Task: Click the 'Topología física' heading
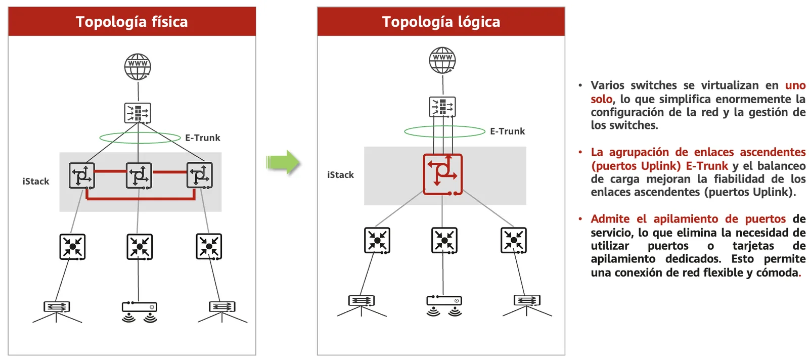coord(131,22)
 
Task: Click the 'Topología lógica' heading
coord(441,22)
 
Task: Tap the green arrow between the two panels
coord(283,162)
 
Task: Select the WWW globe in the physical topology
coord(138,67)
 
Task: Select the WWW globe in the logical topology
coord(442,60)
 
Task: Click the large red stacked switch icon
coord(443,175)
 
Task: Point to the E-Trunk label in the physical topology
coord(203,138)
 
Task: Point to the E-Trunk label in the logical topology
coord(508,131)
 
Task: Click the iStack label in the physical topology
coord(36,181)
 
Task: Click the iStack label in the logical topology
coord(341,175)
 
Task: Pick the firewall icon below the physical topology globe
coord(138,113)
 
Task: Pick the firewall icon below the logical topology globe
coord(442,107)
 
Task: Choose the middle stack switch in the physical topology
coord(139,175)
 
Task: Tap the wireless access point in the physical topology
coord(140,312)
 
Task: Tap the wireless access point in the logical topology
coord(444,305)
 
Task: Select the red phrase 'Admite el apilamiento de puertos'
coord(688,219)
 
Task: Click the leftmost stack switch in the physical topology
coord(82,175)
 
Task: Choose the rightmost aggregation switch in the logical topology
coord(514,240)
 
